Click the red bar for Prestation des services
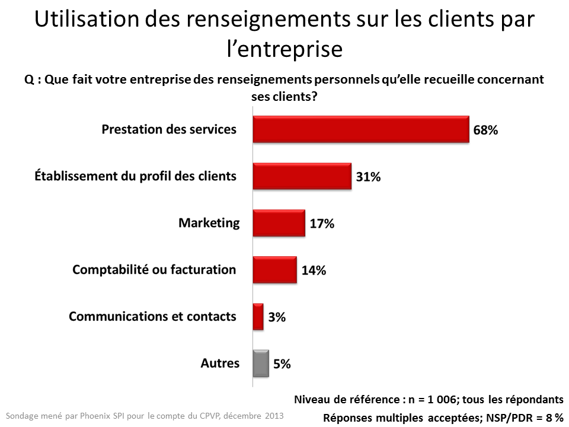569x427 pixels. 361,129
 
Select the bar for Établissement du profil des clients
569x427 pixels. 302,176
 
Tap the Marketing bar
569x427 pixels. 279,223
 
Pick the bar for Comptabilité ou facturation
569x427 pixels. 274,270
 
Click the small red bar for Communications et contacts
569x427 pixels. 258,317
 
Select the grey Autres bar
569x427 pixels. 261,364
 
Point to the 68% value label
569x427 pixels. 485,130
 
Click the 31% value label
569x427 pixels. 368,177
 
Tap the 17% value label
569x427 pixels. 322,224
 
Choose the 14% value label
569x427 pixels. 314,270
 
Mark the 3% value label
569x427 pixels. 277,317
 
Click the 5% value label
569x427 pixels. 282,364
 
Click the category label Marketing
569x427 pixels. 209,223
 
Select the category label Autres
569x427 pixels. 220,363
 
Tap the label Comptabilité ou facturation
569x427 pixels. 154,270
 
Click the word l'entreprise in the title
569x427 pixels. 285,49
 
